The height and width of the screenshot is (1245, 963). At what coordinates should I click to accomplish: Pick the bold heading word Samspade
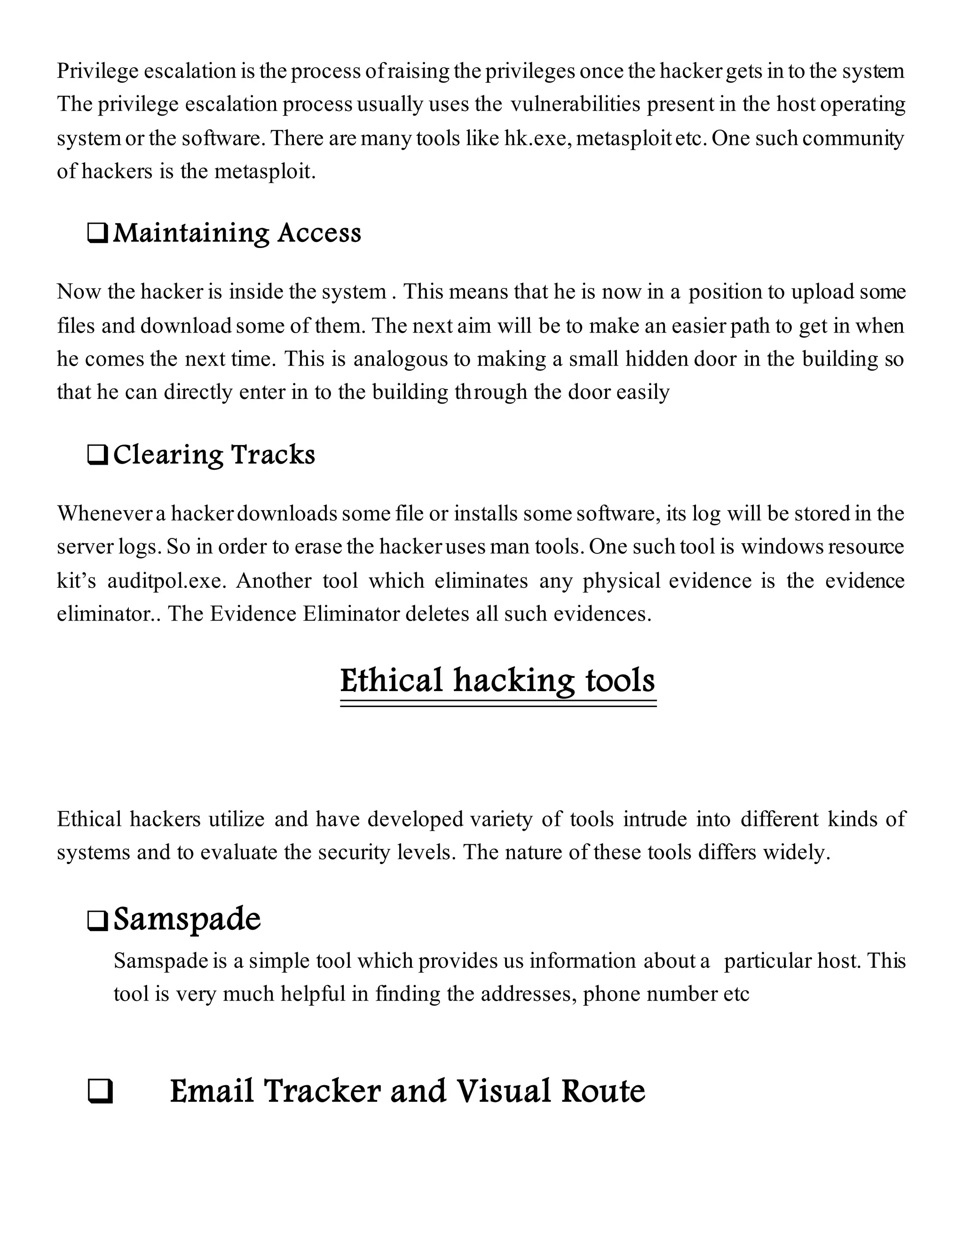pos(187,919)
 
